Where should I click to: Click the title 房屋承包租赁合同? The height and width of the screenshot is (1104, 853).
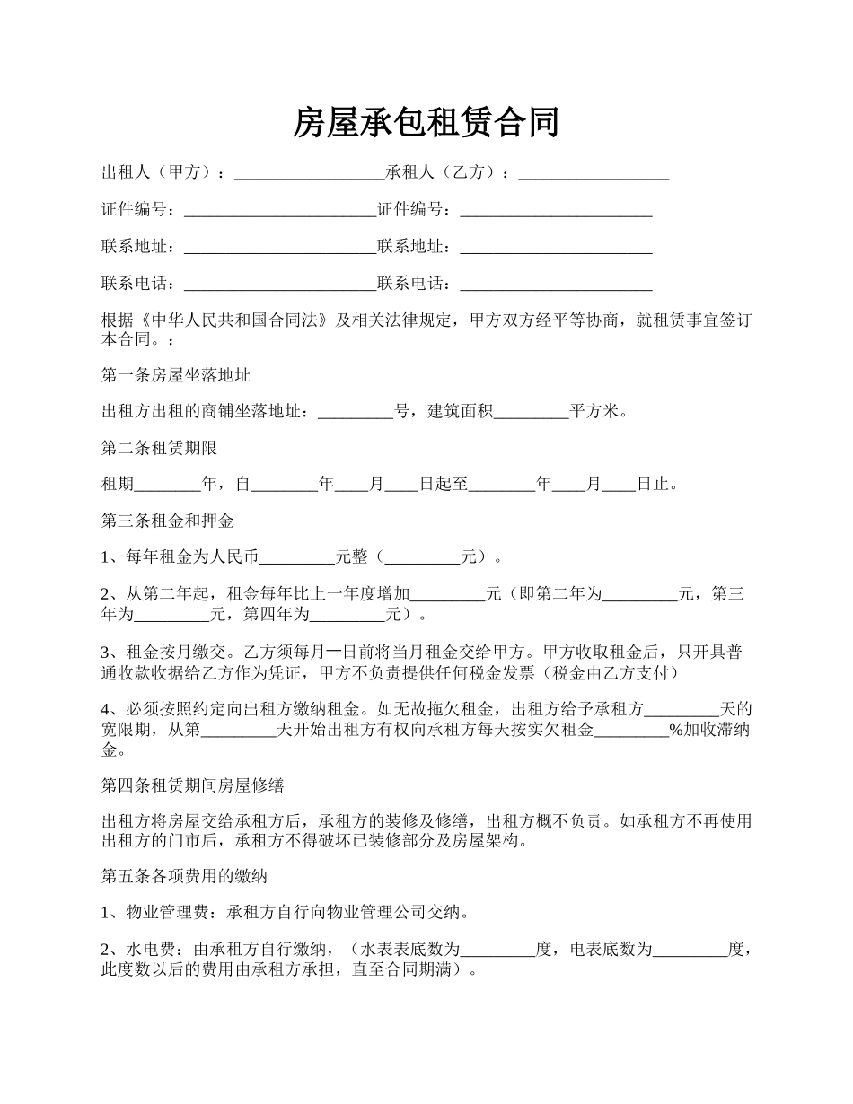pyautogui.click(x=426, y=122)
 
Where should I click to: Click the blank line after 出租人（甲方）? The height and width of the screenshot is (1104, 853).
pyautogui.click(x=309, y=173)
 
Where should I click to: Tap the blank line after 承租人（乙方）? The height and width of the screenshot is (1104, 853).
pyautogui.click(x=594, y=173)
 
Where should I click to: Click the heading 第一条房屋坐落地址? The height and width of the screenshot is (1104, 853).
pyautogui.click(x=169, y=374)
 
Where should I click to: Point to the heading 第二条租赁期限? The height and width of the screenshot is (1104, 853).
pyautogui.click(x=159, y=447)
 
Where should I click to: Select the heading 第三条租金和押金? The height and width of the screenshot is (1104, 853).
pyautogui.click(x=168, y=521)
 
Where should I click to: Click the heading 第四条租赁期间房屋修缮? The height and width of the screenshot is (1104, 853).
pyautogui.click(x=193, y=785)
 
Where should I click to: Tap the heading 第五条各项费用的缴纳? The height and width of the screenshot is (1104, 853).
pyautogui.click(x=184, y=875)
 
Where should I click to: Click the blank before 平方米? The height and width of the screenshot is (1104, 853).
pyautogui.click(x=532, y=413)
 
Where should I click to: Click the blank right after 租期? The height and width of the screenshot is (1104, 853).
pyautogui.click(x=168, y=486)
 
